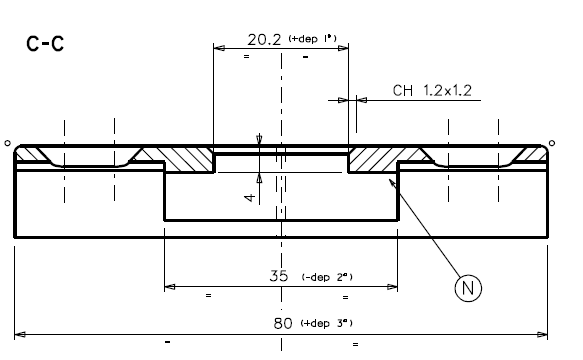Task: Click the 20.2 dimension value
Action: [x=264, y=41]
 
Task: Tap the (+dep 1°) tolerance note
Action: [x=312, y=38]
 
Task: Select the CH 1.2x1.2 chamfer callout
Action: [x=432, y=91]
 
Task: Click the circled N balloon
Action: [x=468, y=288]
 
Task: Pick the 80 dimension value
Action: [x=283, y=323]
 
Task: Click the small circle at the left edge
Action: [x=8, y=144]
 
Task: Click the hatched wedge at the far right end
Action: [x=530, y=154]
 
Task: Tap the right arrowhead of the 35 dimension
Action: [x=393, y=287]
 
